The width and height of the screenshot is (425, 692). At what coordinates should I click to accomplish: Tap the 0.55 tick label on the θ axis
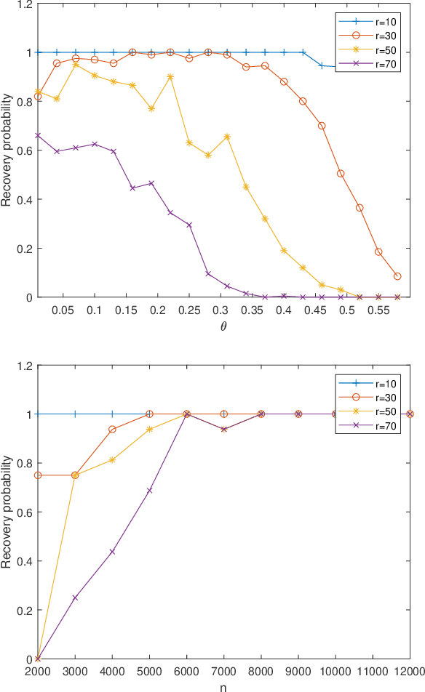tap(378, 310)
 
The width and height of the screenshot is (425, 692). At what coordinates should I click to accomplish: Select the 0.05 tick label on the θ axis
tap(63, 310)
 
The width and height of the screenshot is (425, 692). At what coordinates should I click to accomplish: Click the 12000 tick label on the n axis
tap(409, 672)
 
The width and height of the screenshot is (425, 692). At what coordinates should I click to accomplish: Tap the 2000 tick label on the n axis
tap(38, 672)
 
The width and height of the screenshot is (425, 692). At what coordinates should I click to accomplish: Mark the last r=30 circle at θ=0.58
tap(397, 276)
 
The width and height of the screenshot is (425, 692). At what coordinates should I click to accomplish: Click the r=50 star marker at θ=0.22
tap(170, 76)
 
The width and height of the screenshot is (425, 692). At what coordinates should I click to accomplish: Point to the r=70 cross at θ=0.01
tap(38, 135)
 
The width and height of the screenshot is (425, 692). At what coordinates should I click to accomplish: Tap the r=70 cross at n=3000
tap(75, 598)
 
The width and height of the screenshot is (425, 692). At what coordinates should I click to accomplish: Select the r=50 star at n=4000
tap(112, 459)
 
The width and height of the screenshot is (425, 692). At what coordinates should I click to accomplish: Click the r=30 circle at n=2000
tap(38, 475)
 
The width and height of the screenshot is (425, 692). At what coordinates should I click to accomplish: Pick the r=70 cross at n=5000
tap(149, 491)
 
